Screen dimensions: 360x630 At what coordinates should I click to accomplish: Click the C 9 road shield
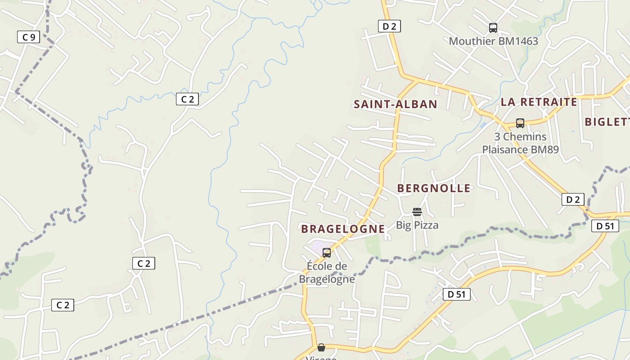28,37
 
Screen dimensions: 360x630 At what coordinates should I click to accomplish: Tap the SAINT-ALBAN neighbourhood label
395,104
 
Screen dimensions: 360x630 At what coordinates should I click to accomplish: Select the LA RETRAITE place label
539,102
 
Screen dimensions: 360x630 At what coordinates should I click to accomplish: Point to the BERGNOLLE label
434,188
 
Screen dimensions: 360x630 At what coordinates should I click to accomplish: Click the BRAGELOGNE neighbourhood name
343,229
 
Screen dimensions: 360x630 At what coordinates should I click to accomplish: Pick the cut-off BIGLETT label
607,121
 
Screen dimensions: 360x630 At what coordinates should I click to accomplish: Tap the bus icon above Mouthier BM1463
493,28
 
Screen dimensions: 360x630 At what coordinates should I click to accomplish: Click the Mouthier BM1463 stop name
493,41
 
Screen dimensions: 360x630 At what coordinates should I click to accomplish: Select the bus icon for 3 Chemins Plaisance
520,123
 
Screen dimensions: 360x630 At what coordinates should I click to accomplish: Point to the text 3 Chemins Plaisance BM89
520,143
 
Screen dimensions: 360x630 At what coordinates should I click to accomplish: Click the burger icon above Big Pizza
417,212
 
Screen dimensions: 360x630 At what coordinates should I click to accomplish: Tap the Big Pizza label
417,225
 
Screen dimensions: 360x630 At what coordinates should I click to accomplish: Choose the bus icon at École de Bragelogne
327,253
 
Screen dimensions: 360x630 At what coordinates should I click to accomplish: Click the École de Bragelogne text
327,273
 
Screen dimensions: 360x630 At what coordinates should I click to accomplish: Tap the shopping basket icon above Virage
321,347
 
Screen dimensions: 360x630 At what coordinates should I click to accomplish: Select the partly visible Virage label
321,358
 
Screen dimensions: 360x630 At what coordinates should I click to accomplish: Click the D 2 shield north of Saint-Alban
389,26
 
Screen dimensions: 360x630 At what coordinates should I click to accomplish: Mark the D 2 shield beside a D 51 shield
573,199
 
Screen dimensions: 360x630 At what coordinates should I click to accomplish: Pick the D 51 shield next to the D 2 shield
605,226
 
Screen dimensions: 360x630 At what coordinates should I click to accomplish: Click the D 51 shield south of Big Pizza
456,294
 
